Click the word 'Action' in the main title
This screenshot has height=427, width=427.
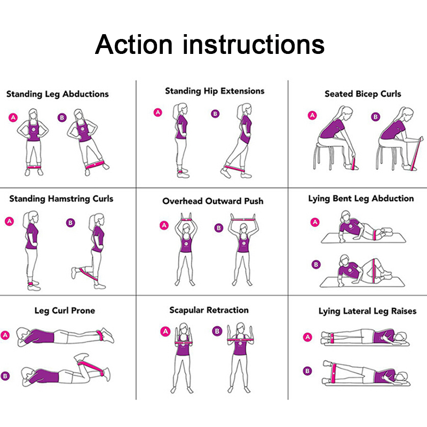(134, 44)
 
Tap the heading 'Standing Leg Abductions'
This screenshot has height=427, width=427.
(58, 94)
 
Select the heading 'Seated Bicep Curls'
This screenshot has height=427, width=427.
(363, 94)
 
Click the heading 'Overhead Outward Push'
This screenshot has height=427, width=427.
(213, 201)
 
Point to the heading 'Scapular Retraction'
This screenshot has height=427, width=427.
(209, 310)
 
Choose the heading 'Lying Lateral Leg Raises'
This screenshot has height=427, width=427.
(367, 311)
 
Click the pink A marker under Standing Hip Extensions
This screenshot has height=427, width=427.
(157, 112)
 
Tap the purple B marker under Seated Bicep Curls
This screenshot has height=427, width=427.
(376, 117)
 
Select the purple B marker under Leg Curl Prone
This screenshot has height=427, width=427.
(5, 376)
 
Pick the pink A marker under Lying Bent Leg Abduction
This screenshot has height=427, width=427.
(315, 222)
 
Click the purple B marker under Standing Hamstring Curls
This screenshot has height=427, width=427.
(70, 223)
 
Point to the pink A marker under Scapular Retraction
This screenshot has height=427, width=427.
(165, 331)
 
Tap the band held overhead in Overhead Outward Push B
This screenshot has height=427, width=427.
(243, 218)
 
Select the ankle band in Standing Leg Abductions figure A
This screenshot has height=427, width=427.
(34, 167)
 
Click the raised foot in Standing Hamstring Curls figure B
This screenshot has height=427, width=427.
(74, 273)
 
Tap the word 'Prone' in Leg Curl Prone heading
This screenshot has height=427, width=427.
(83, 311)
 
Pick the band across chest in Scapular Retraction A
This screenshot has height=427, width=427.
(183, 343)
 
